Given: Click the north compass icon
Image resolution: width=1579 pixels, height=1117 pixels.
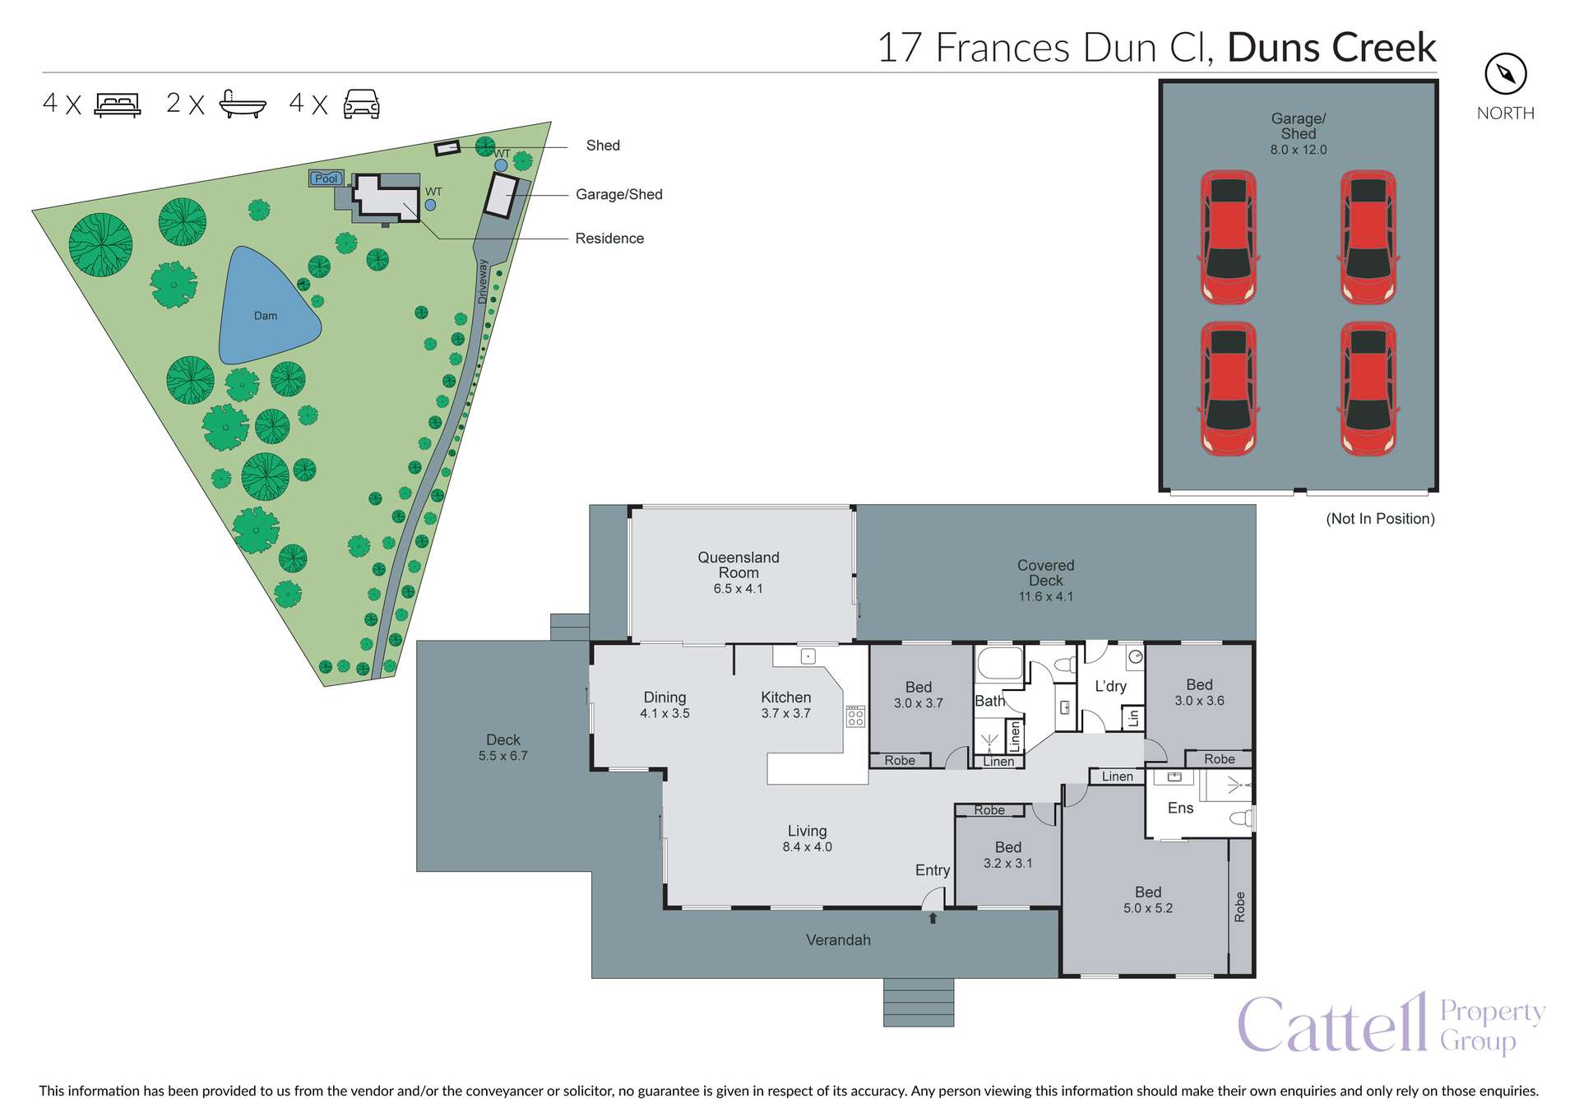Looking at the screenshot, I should coord(1505,75).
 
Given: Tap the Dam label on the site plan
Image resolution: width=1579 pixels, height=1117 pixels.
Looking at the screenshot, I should coord(265,316).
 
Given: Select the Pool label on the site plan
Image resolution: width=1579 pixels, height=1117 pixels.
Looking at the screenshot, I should coord(326,178).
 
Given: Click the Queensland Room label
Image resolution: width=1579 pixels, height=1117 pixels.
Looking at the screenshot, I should coord(738,565).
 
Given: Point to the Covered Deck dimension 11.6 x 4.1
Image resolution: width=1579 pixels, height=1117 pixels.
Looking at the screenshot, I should coord(1045,597).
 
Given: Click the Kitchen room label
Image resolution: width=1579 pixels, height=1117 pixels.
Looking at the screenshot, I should coord(785,698).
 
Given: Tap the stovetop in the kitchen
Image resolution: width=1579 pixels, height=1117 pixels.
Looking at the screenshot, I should coord(855,716).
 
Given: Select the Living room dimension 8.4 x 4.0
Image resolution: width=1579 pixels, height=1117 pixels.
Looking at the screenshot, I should coord(807,847).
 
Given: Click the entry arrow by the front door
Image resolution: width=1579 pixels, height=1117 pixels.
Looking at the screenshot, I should coord(933,918).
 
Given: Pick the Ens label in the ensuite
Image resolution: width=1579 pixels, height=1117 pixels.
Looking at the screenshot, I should coord(1180,809).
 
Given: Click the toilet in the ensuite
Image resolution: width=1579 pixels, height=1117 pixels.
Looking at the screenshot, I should coord(1241,818).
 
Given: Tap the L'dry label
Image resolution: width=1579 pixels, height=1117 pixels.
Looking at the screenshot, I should coord(1110,687).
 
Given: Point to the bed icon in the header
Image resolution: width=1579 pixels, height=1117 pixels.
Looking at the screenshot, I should coord(118,104).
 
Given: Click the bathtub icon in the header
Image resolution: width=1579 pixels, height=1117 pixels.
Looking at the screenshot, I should coord(243,104).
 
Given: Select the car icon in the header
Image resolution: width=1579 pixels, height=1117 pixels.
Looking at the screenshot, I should coord(361,104).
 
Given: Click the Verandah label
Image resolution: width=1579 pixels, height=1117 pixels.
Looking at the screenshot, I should coord(838,940).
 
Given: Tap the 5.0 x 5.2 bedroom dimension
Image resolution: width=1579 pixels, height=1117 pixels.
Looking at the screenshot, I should coord(1148,909).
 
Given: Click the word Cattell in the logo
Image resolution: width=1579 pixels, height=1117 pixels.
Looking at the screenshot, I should coord(1332,1025).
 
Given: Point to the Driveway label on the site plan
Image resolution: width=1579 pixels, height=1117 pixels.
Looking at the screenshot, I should coord(484,281).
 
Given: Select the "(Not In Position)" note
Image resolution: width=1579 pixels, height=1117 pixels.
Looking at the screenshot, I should coord(1380,519).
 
